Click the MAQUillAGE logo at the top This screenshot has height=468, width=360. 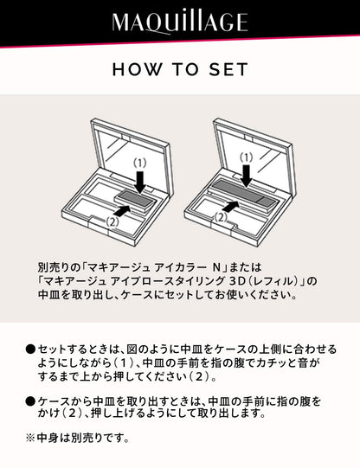tap(179, 22)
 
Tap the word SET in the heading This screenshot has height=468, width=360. tap(228, 69)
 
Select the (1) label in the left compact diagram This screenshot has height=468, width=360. tap(140, 161)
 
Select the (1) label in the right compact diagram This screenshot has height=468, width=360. tap(247, 157)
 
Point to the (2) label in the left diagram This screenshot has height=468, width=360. tap(112, 220)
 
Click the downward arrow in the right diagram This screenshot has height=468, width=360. tap(247, 175)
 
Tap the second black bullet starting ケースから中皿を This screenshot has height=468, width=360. tap(31, 401)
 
